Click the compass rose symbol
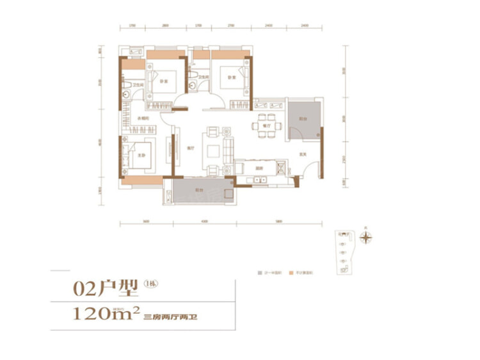click(x=365, y=238)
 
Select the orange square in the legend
click(x=291, y=273)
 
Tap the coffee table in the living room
click(x=212, y=149)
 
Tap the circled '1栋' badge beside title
click(x=151, y=284)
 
